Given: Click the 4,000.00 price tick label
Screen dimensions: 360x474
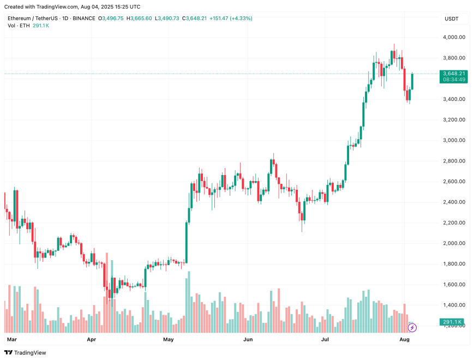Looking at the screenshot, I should [454, 37].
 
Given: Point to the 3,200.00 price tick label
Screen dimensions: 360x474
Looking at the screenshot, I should [454, 119].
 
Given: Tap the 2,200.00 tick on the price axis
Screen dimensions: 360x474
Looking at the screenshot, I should [454, 223].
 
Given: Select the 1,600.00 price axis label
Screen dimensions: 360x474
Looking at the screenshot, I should [454, 284].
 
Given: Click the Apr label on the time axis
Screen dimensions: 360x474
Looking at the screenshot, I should [92, 339].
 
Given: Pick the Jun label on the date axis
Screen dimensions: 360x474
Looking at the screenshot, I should [248, 339].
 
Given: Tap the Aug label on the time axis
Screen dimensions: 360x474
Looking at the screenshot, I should [405, 339].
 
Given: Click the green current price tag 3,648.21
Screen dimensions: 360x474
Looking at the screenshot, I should [454, 73].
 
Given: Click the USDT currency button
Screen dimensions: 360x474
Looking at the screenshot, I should [452, 19].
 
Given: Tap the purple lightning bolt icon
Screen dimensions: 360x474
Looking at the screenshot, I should [412, 327].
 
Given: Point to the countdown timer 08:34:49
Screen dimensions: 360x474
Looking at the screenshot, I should [454, 80].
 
